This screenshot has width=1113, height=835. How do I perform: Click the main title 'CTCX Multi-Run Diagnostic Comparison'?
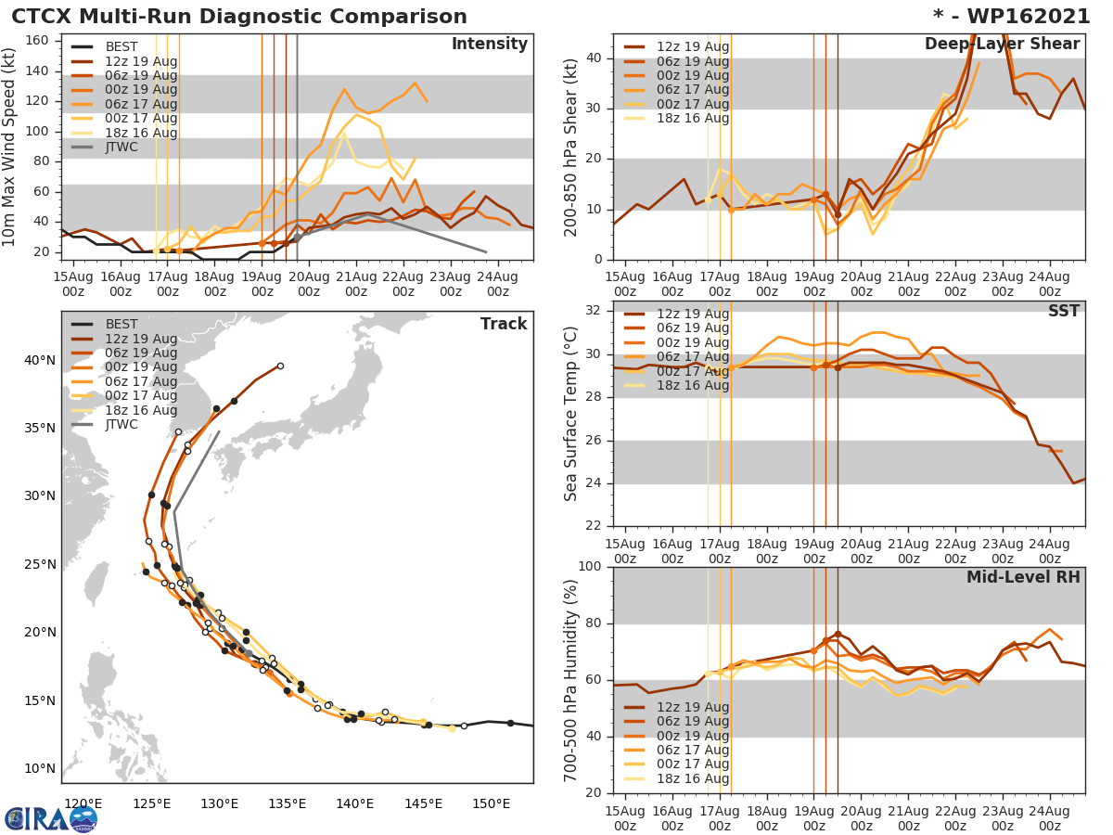[239, 17]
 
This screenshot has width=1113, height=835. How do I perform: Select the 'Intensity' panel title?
[489, 45]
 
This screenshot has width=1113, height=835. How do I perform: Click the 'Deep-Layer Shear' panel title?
[1002, 45]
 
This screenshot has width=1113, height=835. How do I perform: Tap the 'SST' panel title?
[1065, 311]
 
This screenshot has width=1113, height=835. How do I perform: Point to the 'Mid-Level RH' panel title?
[1023, 578]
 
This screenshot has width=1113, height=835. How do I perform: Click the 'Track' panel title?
[504, 324]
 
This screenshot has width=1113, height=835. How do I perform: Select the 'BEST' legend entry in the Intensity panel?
[121, 46]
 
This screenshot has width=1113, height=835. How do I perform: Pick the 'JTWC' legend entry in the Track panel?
[121, 425]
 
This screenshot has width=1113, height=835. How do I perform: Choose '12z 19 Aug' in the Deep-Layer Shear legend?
[692, 46]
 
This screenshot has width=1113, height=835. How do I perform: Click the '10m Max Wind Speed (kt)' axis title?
[10, 147]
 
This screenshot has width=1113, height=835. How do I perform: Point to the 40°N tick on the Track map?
[41, 360]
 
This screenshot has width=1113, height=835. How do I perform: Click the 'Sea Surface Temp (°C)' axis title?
[571, 414]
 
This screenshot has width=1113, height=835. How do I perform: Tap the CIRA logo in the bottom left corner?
[51, 818]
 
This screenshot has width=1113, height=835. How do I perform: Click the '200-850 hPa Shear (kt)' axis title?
[571, 147]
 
